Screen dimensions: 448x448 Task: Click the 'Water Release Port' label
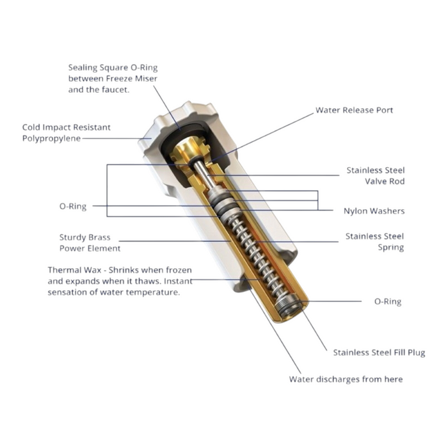pyautogui.click(x=354, y=110)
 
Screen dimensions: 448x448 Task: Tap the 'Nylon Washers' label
pyautogui.click(x=374, y=211)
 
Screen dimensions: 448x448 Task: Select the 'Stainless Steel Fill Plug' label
pyautogui.click(x=379, y=353)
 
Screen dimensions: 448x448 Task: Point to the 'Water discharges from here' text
pyautogui.click(x=346, y=379)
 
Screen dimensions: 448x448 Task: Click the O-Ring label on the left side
pyautogui.click(x=73, y=206)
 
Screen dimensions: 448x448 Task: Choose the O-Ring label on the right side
pyautogui.click(x=388, y=301)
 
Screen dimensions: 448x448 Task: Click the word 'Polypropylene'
pyautogui.click(x=51, y=139)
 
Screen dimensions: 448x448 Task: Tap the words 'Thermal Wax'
pyautogui.click(x=75, y=270)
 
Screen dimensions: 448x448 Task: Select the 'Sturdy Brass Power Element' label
pyautogui.click(x=90, y=243)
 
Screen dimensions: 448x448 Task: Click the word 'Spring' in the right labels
pyautogui.click(x=391, y=248)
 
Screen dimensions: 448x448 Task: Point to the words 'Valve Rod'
pyautogui.click(x=385, y=181)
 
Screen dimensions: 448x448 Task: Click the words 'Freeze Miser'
pyautogui.click(x=131, y=79)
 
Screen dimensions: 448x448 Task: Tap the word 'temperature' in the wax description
pyautogui.click(x=153, y=292)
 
